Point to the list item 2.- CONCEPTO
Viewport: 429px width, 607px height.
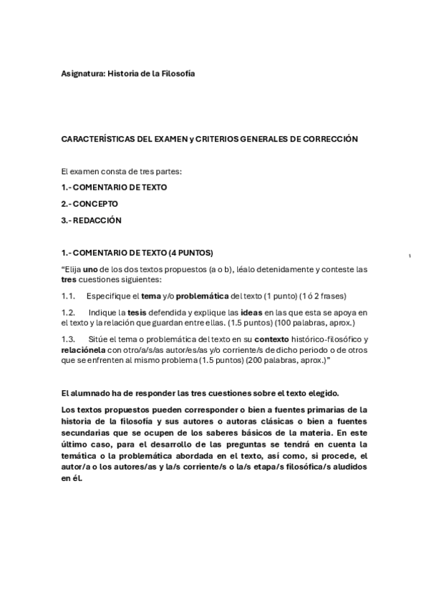click(x=90, y=204)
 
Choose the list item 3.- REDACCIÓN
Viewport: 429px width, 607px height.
click(x=92, y=220)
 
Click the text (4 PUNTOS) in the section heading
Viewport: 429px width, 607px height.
click(x=189, y=253)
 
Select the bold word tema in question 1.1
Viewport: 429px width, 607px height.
click(x=150, y=296)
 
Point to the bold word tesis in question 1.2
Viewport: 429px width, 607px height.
click(x=137, y=313)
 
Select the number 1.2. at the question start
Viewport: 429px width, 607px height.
click(x=69, y=313)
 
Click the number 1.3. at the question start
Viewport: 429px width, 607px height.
click(x=69, y=339)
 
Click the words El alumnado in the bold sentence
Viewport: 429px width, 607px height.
click(x=84, y=394)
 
